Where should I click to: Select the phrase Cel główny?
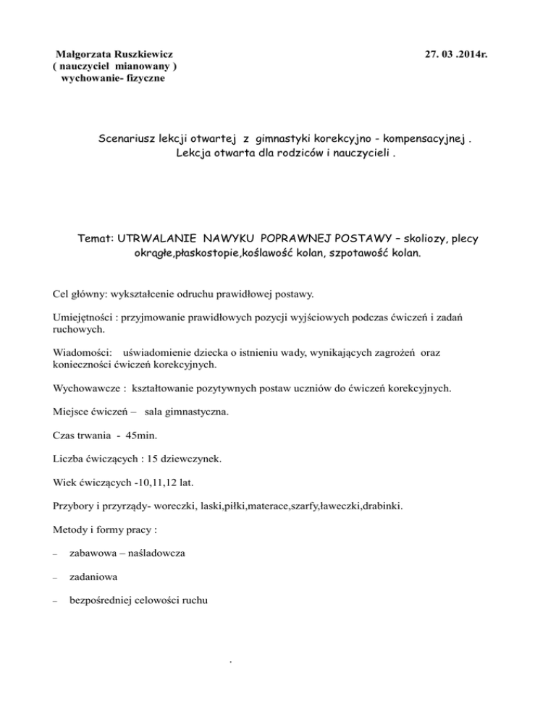pyautogui.click(x=79, y=294)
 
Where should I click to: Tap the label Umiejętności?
pyautogui.click(x=85, y=319)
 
